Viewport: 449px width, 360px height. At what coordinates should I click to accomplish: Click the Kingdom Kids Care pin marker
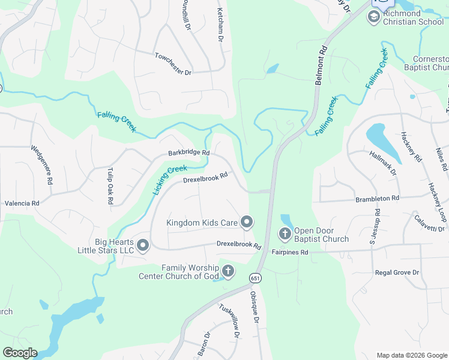(247, 223)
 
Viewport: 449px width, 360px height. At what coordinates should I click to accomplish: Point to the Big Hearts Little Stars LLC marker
(143, 245)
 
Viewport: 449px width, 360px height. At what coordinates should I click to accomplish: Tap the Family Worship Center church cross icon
(228, 271)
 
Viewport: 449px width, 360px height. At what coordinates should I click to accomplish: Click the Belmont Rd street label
(321, 65)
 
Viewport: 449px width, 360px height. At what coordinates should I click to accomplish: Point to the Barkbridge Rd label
(188, 153)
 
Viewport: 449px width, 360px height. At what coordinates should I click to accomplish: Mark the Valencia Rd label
(22, 203)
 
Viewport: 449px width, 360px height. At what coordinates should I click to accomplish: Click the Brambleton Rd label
(377, 198)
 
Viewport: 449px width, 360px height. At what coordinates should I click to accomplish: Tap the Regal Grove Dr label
(397, 272)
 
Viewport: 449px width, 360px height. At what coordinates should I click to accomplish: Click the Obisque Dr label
(254, 309)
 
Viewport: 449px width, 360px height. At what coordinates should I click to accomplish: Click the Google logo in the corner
(20, 353)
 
